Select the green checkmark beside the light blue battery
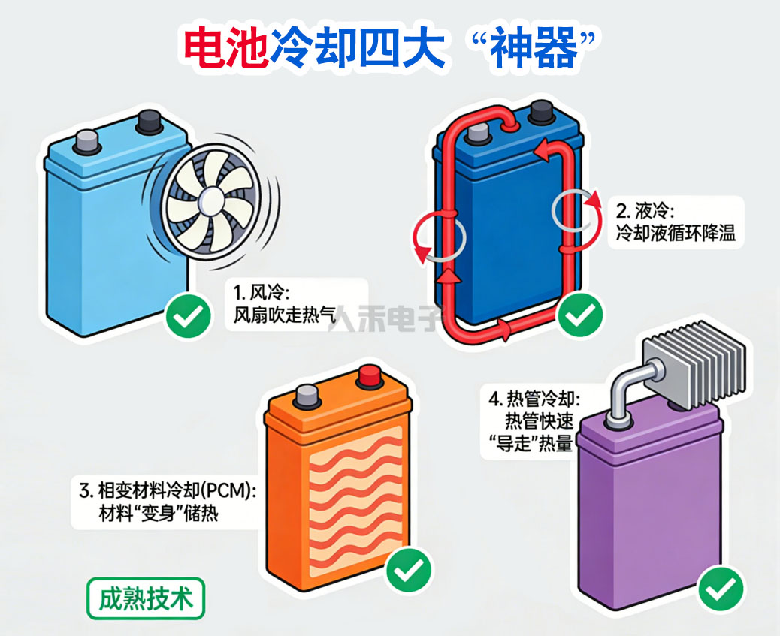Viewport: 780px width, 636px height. pyautogui.click(x=188, y=316)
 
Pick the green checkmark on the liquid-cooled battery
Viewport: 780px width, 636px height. pyautogui.click(x=579, y=315)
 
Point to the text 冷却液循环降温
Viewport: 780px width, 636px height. pyautogui.click(x=675, y=233)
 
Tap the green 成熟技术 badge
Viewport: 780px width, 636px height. pyautogui.click(x=146, y=598)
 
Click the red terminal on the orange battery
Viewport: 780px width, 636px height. pyautogui.click(x=370, y=376)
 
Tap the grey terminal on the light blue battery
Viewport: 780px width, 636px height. pyautogui.click(x=89, y=139)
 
